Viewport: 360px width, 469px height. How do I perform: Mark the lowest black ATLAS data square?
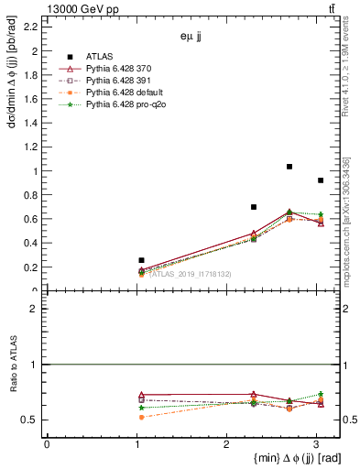coord(140,260)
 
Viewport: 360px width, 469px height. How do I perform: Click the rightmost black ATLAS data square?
coord(320,180)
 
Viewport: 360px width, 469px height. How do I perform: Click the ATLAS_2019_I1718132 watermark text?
coord(191,274)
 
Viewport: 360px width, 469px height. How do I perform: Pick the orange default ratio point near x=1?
coord(140,417)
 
